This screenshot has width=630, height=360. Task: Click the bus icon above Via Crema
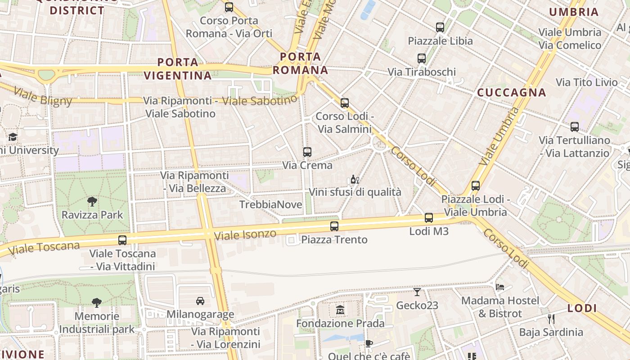click(307, 152)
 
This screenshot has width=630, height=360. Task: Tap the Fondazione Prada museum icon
click(340, 310)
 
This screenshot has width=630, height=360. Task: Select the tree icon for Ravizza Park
click(92, 201)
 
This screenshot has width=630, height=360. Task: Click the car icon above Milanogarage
click(200, 301)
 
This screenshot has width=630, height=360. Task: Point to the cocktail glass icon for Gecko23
click(417, 292)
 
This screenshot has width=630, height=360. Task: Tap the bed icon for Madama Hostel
click(500, 287)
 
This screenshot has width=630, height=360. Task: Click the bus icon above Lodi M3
click(428, 218)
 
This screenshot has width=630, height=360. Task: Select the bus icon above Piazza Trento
click(334, 226)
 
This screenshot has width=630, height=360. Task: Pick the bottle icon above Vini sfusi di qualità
click(355, 179)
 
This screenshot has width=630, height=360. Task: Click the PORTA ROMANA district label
click(301, 63)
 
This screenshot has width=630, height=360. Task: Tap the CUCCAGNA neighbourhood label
click(511, 93)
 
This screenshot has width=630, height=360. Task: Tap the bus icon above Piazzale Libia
click(440, 27)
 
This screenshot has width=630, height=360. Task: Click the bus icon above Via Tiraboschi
click(422, 58)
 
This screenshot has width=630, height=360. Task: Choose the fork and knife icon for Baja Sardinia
click(551, 319)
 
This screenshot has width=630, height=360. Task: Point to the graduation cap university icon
click(13, 137)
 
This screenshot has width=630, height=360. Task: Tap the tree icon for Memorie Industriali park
click(96, 302)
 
